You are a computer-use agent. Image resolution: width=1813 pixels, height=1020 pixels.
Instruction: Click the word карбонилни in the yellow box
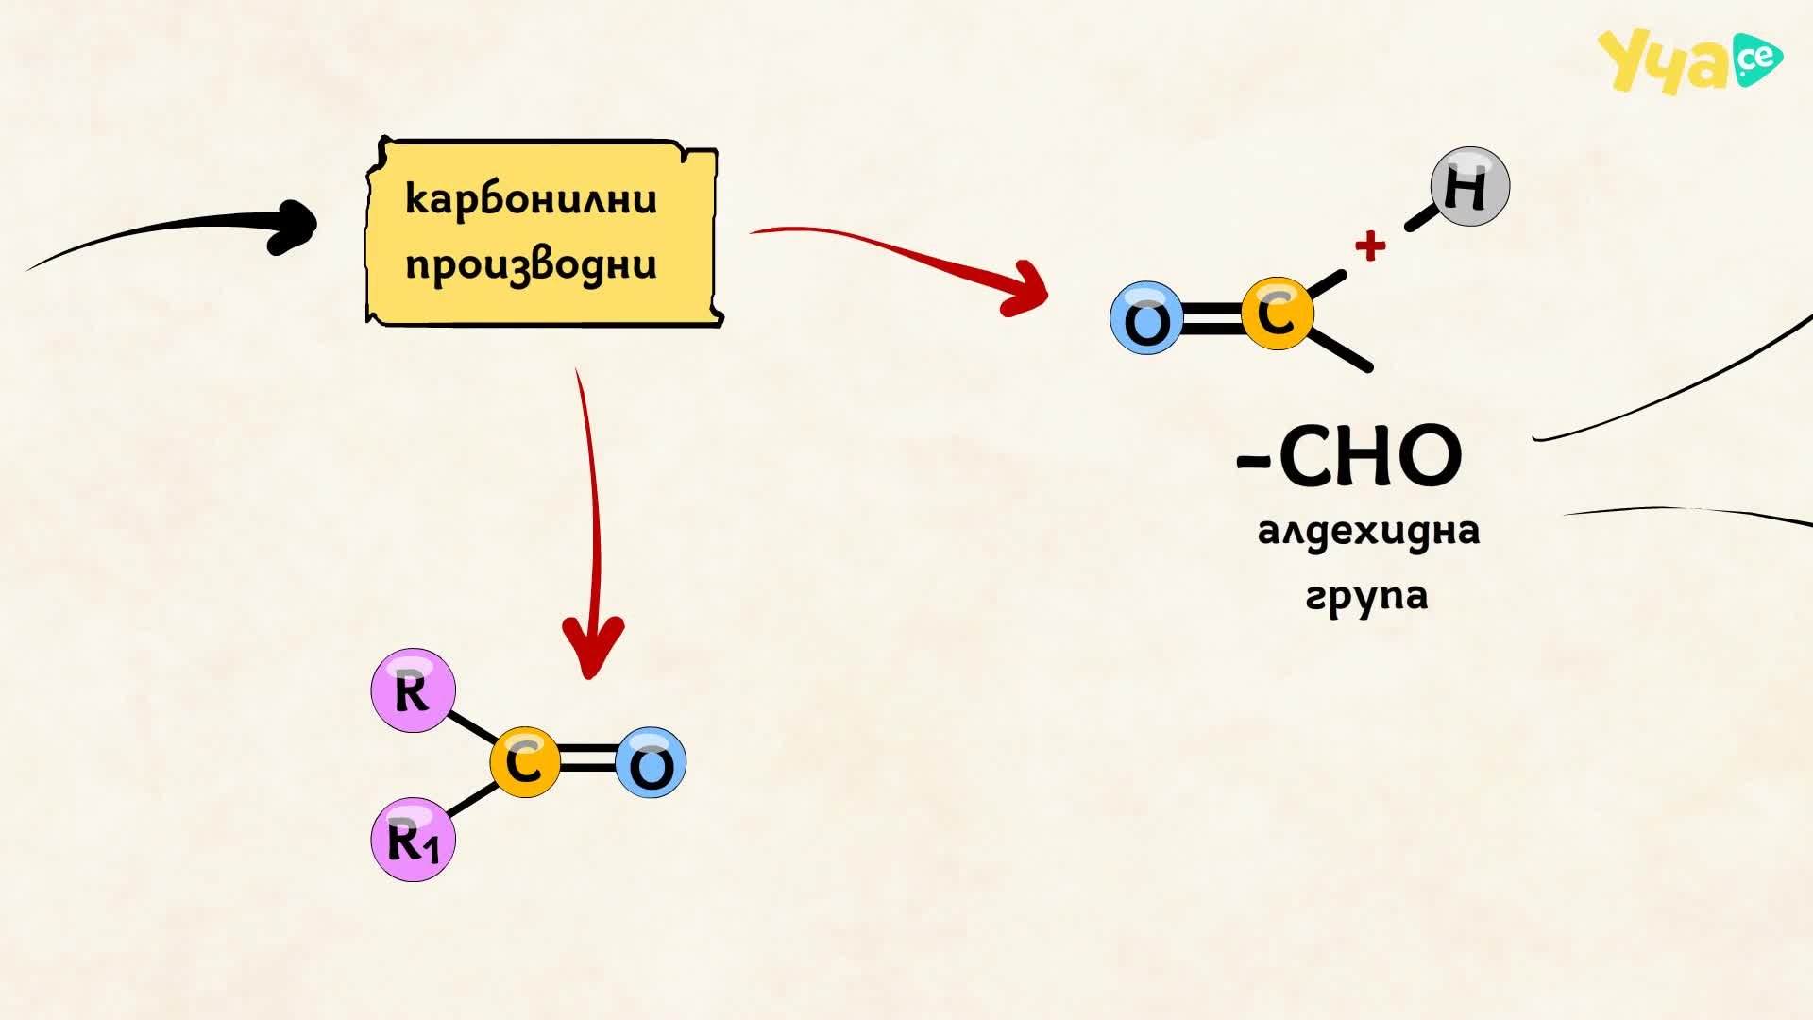(x=531, y=199)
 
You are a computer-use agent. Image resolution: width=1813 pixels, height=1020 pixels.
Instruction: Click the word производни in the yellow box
(x=531, y=264)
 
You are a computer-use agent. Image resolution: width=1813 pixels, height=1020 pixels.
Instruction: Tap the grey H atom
(x=1469, y=186)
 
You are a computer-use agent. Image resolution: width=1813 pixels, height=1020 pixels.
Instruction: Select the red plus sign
(x=1370, y=246)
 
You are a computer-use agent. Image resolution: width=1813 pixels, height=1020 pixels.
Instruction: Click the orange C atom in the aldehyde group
(x=1277, y=314)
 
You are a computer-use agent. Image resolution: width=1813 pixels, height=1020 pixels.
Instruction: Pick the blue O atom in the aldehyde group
(x=1146, y=318)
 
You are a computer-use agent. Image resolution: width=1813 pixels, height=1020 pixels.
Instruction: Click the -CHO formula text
(x=1349, y=456)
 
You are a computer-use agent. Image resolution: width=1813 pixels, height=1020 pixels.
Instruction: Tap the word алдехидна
(x=1368, y=531)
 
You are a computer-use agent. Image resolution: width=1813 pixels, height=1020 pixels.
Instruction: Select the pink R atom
(x=413, y=690)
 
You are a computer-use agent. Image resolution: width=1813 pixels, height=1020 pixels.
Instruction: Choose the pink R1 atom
(x=413, y=840)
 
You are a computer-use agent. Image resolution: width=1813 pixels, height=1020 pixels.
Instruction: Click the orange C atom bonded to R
(x=525, y=762)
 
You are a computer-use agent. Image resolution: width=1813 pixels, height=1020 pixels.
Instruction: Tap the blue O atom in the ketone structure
(x=651, y=762)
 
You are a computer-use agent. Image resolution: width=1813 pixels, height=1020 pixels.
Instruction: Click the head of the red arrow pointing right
(x=1027, y=288)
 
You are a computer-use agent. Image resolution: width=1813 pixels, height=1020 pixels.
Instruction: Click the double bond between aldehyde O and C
(x=1211, y=316)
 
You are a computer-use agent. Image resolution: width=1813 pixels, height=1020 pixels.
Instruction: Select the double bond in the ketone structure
(x=587, y=761)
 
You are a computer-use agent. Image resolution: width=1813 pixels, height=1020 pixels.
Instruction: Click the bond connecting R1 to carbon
(x=472, y=799)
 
